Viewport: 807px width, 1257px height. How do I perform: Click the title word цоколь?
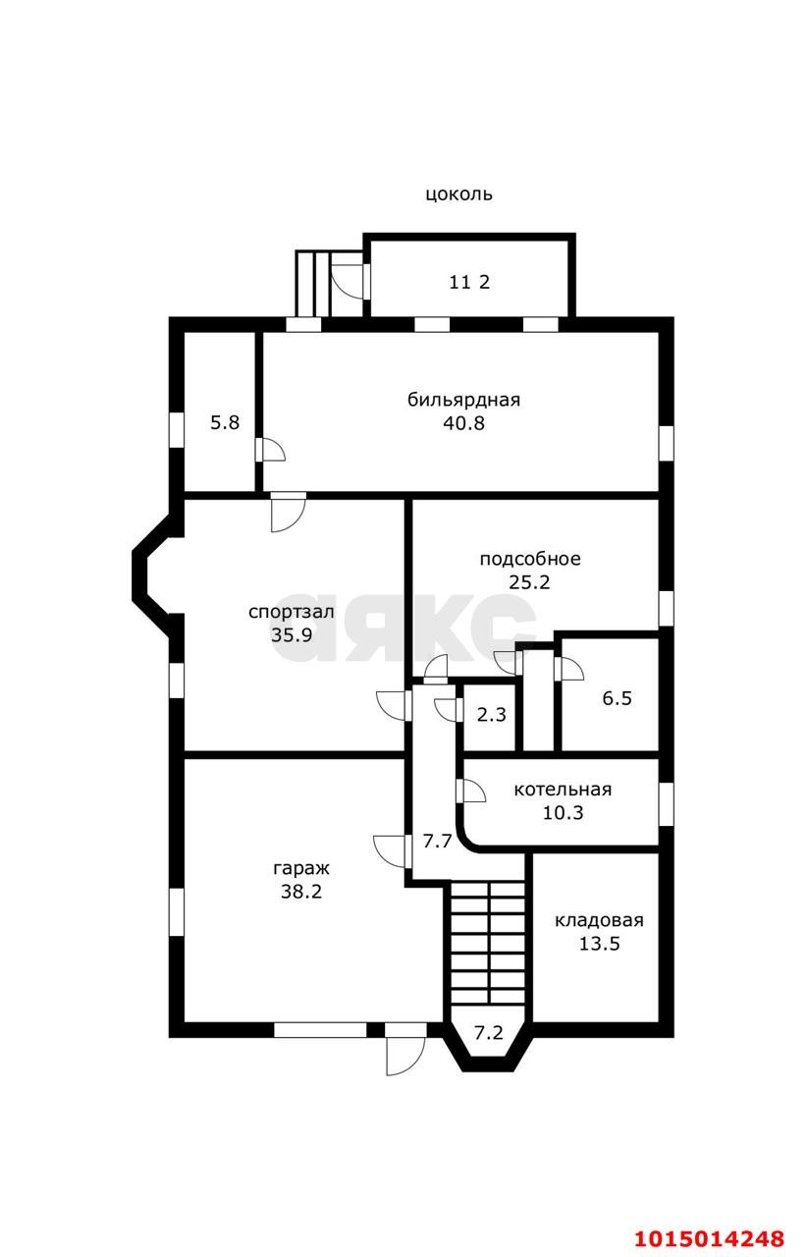click(458, 194)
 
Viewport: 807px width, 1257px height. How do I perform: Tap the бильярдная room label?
click(463, 400)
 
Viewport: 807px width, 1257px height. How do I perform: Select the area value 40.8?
click(463, 423)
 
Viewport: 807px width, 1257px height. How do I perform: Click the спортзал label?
click(291, 612)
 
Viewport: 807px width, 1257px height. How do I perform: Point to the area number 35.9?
click(292, 634)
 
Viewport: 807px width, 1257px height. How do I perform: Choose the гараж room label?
click(301, 869)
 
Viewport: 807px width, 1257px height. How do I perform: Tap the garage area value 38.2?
click(301, 892)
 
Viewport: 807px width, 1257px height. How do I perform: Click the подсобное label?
click(530, 560)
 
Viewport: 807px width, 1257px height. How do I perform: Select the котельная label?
click(563, 790)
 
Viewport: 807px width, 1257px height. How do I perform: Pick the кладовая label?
click(599, 921)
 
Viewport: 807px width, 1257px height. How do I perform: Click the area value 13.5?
click(599, 944)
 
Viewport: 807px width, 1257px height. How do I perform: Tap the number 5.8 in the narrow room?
click(225, 422)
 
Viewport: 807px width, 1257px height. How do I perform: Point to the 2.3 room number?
click(491, 715)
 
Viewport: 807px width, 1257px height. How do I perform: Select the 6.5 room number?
click(617, 698)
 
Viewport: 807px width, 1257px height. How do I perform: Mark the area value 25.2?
click(529, 582)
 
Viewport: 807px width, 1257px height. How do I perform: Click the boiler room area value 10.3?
click(563, 812)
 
